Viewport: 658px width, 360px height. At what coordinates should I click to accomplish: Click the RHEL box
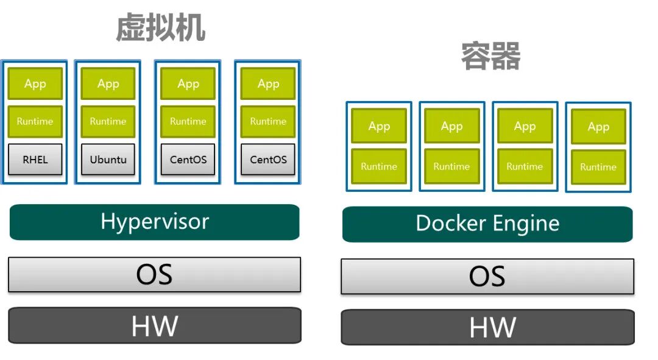point(35,160)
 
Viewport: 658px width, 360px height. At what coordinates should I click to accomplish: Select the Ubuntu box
point(108,160)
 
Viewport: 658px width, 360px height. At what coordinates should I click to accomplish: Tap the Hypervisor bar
point(154,222)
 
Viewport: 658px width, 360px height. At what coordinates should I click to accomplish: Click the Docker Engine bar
point(487,224)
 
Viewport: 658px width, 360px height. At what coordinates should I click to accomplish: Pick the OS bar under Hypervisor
point(154,274)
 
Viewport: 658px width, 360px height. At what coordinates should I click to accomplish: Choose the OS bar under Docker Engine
point(487,276)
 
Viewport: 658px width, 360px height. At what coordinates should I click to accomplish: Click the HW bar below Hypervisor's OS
point(154,326)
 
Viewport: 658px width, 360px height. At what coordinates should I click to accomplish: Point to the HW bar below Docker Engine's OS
point(487,328)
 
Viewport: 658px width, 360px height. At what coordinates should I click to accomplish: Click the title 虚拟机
point(161,28)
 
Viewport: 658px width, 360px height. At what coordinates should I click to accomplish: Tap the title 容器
point(490,57)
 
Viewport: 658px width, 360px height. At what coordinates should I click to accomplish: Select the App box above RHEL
point(35,83)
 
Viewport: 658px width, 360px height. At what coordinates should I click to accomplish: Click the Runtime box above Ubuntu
point(108,121)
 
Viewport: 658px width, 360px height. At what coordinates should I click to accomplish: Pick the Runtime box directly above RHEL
point(35,121)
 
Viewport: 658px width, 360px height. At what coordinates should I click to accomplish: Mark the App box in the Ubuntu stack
point(108,83)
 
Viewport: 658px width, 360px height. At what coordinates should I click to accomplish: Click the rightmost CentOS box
point(268,160)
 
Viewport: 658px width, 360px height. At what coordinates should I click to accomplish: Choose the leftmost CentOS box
point(188,160)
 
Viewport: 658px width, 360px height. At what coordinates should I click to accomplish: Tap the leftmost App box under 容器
point(379,126)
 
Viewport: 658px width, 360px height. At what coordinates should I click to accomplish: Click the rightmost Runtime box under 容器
point(598,167)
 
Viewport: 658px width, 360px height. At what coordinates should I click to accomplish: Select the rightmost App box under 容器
point(598,127)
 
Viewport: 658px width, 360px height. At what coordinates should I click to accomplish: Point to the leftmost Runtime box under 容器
point(379,166)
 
